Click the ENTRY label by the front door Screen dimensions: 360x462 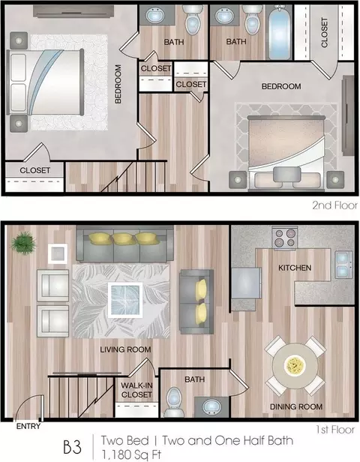[x=28, y=426]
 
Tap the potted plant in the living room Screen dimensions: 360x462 [x=23, y=243]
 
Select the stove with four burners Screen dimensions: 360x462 [x=285, y=238]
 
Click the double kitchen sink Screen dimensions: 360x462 [x=343, y=265]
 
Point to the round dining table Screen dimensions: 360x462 [x=295, y=365]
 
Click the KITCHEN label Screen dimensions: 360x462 [x=295, y=268]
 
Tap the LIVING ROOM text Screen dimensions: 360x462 [x=125, y=349]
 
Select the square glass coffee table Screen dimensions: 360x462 [x=125, y=300]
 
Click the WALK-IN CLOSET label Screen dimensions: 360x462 [x=136, y=389]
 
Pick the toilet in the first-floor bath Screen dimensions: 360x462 [x=174, y=401]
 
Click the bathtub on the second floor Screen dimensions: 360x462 [x=279, y=32]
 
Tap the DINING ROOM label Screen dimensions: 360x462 [x=296, y=406]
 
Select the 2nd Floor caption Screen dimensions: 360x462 [x=335, y=205]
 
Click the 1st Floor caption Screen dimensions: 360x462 [x=335, y=430]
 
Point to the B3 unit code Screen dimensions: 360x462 [x=72, y=447]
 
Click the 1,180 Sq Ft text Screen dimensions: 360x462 [x=131, y=454]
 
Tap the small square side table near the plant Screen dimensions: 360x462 [x=58, y=253]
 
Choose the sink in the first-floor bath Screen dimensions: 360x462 [x=211, y=407]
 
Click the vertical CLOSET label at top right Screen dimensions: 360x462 [x=324, y=32]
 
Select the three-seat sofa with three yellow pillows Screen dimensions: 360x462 [x=125, y=244]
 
